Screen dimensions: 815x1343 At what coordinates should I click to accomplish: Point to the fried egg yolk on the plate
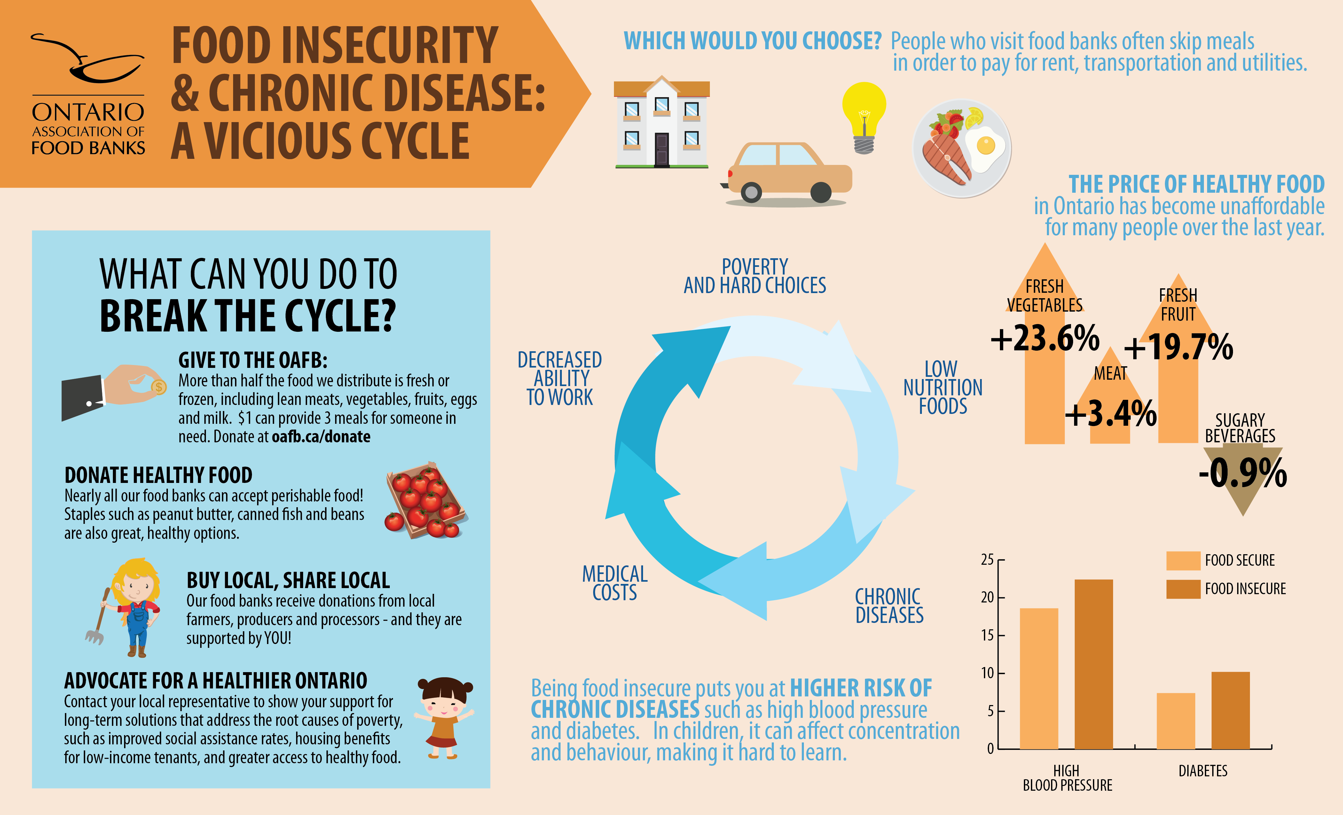[986, 145]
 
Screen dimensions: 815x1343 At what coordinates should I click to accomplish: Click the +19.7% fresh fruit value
[1178, 347]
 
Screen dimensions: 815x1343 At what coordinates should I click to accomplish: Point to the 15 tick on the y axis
[988, 635]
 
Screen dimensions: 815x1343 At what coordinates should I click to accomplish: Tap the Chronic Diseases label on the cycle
[889, 606]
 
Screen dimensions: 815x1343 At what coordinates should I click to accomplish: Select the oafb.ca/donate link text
[321, 437]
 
